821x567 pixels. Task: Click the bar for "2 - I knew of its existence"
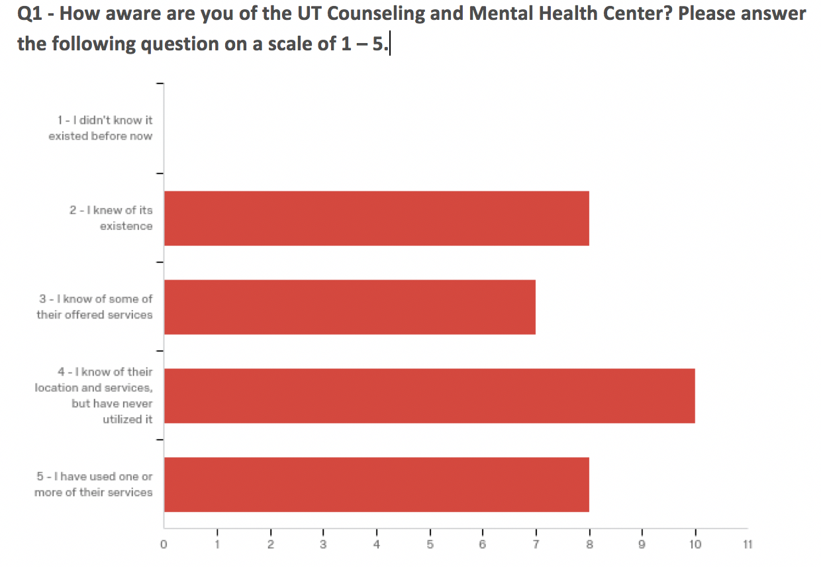[x=376, y=218]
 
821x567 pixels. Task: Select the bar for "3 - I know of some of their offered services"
[x=350, y=307]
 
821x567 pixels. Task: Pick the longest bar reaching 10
[x=429, y=395]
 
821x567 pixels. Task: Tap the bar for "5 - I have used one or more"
[x=376, y=484]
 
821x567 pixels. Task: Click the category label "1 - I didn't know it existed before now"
[x=101, y=128]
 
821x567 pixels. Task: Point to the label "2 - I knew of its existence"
[x=111, y=218]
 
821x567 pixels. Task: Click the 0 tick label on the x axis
[x=164, y=544]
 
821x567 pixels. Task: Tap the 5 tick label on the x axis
[x=430, y=544]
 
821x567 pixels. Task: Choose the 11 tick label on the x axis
[x=748, y=544]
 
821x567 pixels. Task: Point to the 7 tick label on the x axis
[x=536, y=544]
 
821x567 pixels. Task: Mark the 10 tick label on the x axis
[x=695, y=544]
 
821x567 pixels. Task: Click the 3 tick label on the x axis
[x=323, y=544]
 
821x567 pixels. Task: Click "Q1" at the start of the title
[x=30, y=14]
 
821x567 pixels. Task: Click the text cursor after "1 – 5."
[x=391, y=45]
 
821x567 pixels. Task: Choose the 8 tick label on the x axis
[x=589, y=544]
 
